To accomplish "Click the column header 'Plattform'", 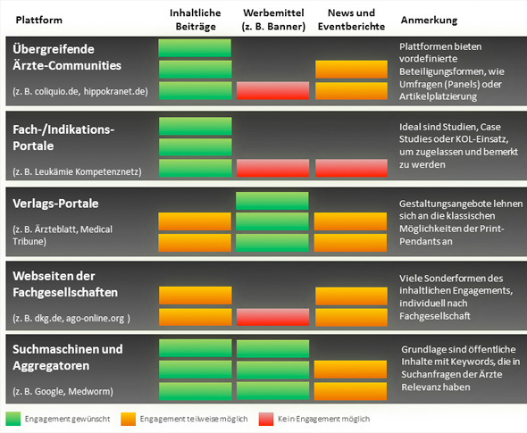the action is coord(39,20).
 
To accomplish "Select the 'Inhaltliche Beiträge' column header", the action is coord(196,20).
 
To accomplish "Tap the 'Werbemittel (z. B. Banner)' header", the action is coord(273,20).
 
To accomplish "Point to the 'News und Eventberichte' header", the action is coord(351,20).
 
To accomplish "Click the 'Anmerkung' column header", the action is coord(430,20).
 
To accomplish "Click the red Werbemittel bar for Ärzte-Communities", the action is coord(273,91).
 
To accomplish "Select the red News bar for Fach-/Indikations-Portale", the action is coord(351,168).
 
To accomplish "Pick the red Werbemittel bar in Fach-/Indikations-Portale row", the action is coord(273,168).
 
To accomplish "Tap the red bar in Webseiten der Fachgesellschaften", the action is coord(273,317).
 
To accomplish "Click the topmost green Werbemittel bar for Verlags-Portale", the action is coord(272,201).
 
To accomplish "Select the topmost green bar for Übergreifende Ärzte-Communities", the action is coord(195,48).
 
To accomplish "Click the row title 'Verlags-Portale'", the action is coord(55,204).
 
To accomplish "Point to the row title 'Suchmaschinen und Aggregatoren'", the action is coord(68,357).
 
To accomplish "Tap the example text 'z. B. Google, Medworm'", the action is coord(63,392).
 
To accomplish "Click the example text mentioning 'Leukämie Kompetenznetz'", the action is coord(77,172).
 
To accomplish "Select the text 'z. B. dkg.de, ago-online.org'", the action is coord(71,318).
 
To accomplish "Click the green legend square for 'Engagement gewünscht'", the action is coord(13,419).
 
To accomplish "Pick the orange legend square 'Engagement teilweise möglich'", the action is coord(129,419).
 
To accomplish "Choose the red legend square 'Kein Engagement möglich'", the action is coord(266,419).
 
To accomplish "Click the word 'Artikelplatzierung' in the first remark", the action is coord(438,96).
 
